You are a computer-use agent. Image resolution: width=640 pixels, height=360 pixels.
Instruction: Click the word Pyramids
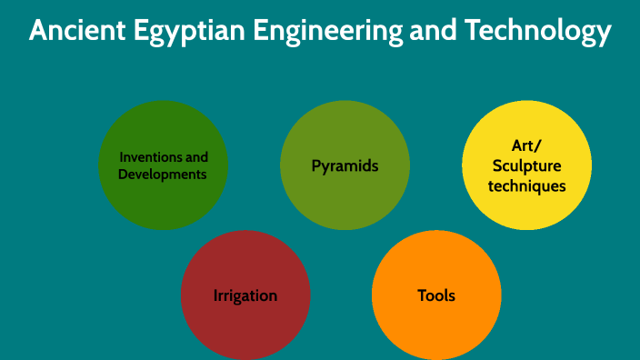[345, 166]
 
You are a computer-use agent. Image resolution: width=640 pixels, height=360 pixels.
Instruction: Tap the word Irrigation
[245, 295]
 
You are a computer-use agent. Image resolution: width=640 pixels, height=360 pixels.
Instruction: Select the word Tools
[436, 295]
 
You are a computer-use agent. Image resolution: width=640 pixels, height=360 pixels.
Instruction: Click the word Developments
[163, 174]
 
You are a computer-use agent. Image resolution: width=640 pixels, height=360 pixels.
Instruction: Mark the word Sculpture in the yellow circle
[527, 165]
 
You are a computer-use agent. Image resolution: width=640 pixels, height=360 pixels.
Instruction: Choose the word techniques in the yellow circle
[527, 185]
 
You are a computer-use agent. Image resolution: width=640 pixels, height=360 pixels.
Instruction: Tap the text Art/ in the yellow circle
[527, 146]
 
